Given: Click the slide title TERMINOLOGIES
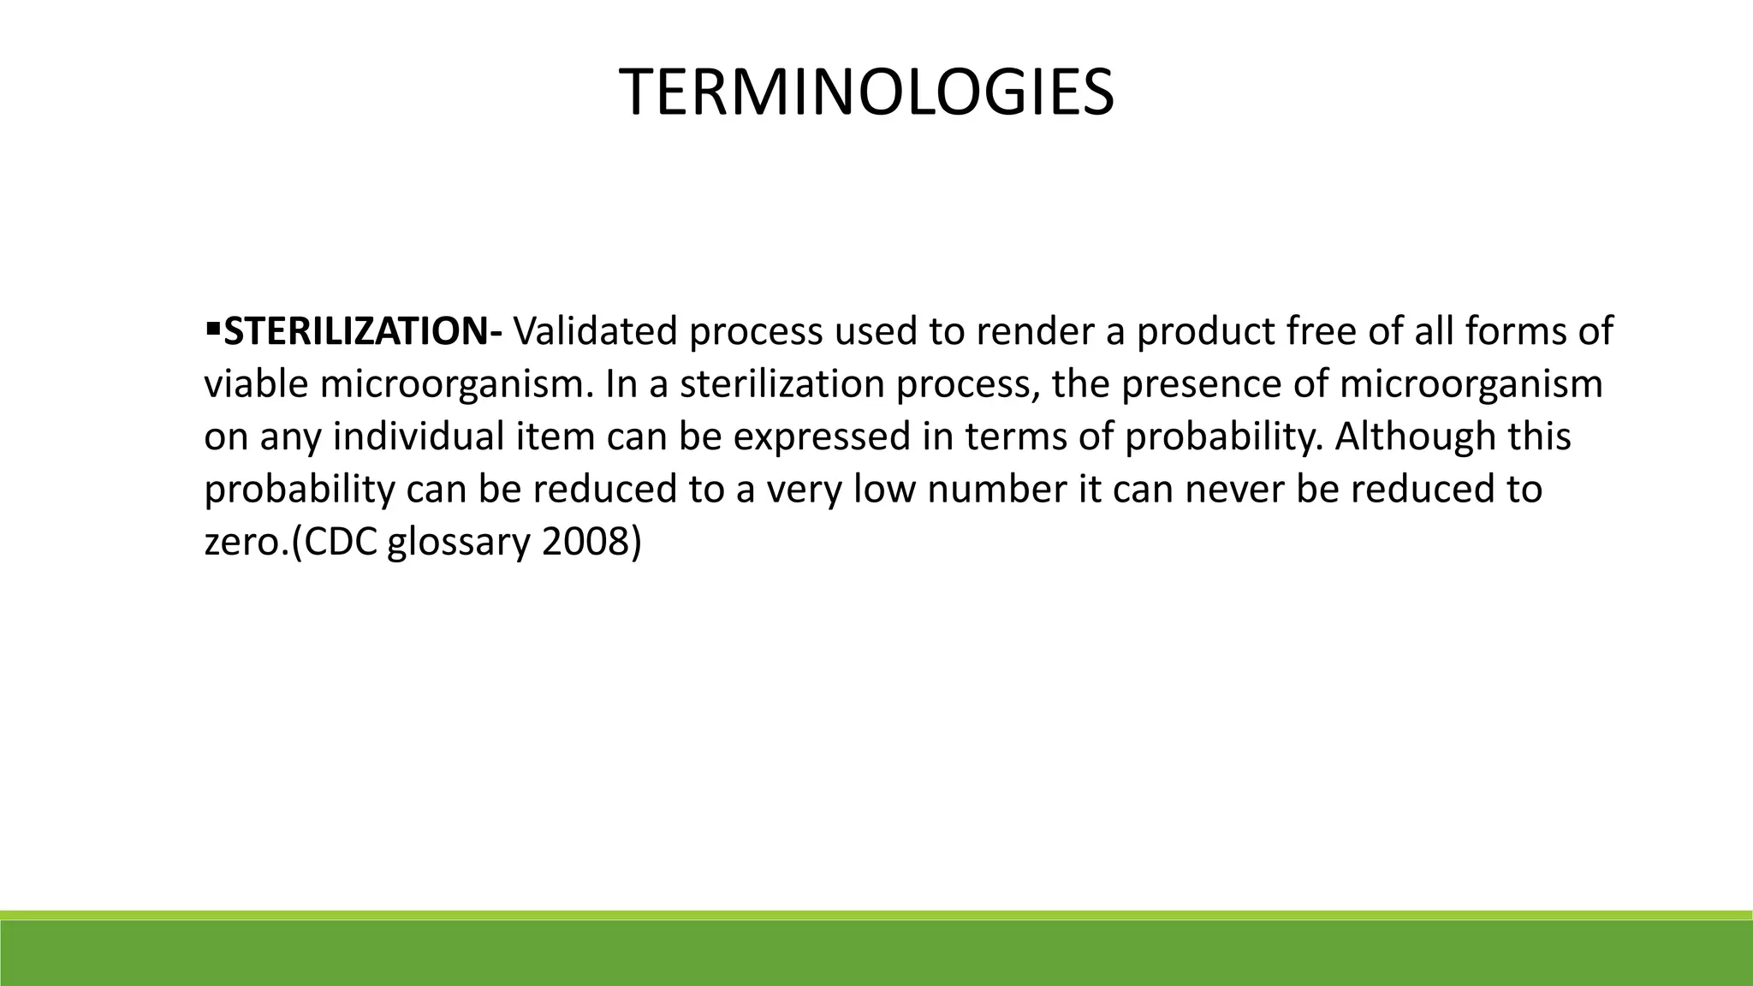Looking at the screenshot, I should [866, 92].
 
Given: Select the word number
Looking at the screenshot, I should [998, 490].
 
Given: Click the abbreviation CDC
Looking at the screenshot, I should [341, 543].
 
